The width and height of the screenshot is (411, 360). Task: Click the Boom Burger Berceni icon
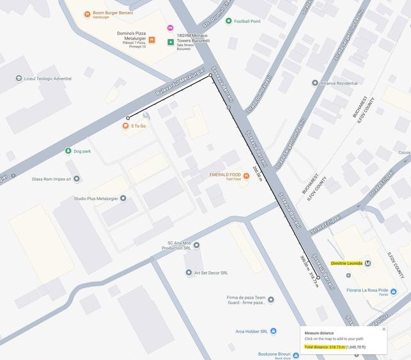pyautogui.click(x=87, y=13)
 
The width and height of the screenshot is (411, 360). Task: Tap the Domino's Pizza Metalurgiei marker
pyautogui.click(x=151, y=40)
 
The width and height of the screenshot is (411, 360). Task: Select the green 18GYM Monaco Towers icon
pyautogui.click(x=171, y=42)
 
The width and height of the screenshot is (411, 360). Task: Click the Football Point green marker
pyautogui.click(x=228, y=21)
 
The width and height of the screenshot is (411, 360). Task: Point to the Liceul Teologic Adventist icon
pyautogui.click(x=19, y=79)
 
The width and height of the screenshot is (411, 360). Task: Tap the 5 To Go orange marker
pyautogui.click(x=126, y=126)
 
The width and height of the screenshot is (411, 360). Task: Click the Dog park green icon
pyautogui.click(x=68, y=151)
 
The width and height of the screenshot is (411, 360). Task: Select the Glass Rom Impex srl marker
pyautogui.click(x=77, y=179)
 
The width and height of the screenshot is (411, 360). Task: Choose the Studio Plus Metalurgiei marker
pyautogui.click(x=123, y=198)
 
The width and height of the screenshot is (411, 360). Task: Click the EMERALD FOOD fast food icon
pyautogui.click(x=246, y=176)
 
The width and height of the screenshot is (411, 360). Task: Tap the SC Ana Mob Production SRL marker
pyautogui.click(x=196, y=245)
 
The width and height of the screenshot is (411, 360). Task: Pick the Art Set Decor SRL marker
pyautogui.click(x=189, y=272)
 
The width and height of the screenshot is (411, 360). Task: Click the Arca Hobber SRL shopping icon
pyautogui.click(x=273, y=331)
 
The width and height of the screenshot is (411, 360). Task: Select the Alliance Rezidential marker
pyautogui.click(x=314, y=83)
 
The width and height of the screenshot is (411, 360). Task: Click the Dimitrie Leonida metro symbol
pyautogui.click(x=368, y=263)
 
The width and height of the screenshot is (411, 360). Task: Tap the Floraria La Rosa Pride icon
pyautogui.click(x=393, y=292)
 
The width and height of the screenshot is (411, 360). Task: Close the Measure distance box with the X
pyautogui.click(x=384, y=329)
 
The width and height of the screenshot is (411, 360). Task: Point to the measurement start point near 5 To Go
pyautogui.click(x=128, y=118)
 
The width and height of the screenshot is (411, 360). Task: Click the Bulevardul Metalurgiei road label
pyautogui.click(x=180, y=82)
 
